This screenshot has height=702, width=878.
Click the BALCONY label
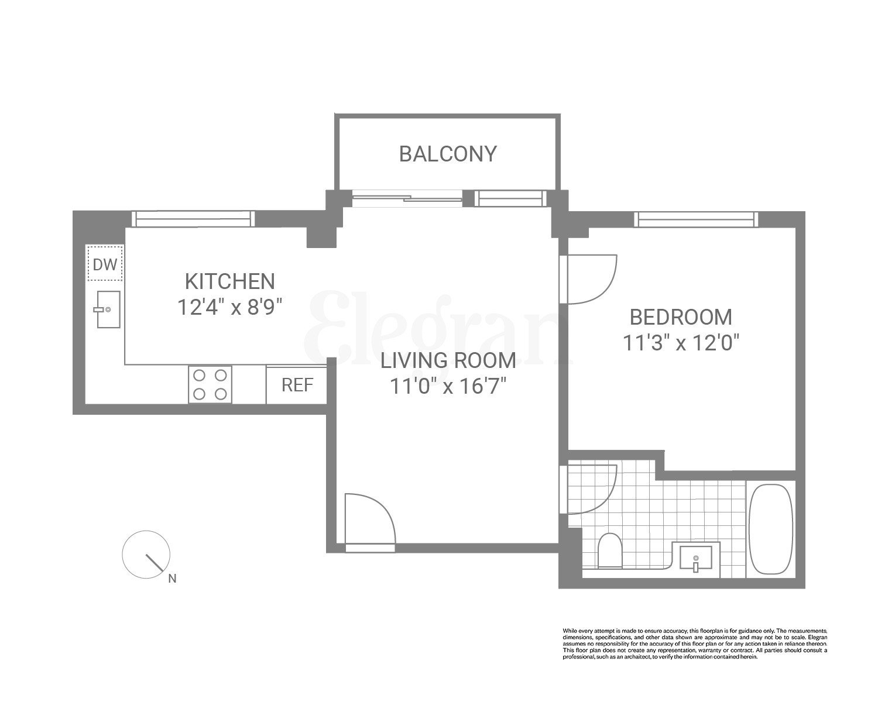[x=448, y=154]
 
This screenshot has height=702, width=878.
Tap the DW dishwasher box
[x=105, y=264]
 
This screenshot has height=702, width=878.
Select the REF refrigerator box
[x=297, y=385]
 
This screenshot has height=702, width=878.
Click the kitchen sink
[x=108, y=309]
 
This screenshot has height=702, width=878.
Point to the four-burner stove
[x=210, y=384]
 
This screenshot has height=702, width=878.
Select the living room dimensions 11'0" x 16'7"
[x=448, y=386]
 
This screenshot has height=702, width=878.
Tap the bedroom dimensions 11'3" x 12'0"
[x=681, y=343]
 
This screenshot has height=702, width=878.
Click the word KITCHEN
[x=229, y=281]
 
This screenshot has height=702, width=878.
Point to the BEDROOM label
[x=681, y=317]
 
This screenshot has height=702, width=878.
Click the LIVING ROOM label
[x=448, y=360]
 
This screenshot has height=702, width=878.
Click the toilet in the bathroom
[x=610, y=550]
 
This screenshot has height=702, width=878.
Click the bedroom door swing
[x=588, y=279]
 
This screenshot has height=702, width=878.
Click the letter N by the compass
[x=172, y=579]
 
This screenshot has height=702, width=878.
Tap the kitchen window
[x=193, y=219]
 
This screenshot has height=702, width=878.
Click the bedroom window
[x=696, y=219]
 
